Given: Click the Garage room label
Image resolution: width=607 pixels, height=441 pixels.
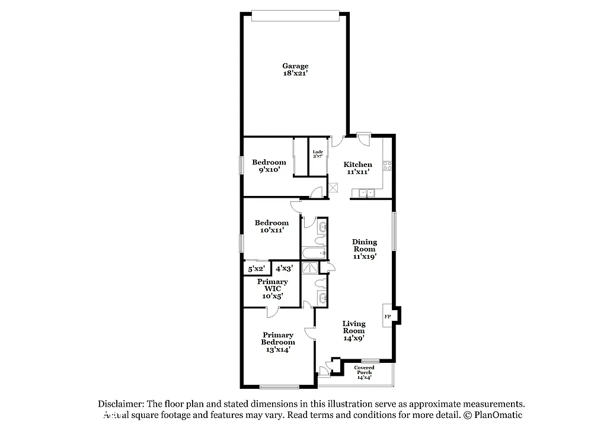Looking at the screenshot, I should click(295, 69).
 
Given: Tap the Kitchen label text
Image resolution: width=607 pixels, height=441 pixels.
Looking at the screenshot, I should click(359, 168).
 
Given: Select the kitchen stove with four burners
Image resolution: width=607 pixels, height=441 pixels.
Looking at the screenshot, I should click(388, 166).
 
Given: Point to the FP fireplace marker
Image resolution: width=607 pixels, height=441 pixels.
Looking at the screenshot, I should click(388, 317).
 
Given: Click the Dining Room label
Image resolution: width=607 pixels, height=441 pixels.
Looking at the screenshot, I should click(365, 249).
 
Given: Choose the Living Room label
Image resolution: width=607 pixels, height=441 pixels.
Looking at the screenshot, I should click(354, 330).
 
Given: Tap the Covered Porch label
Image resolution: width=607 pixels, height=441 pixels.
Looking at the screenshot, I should click(365, 372).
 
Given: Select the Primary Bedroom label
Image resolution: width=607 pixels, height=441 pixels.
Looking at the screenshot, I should click(278, 342).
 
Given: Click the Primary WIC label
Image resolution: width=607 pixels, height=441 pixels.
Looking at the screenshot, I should click(273, 289).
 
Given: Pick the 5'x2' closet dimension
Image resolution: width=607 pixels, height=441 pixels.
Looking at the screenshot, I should click(257, 269).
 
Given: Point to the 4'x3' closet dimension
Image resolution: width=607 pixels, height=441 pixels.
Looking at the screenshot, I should click(285, 268).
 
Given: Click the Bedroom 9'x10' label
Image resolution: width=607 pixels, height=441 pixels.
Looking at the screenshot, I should click(269, 166).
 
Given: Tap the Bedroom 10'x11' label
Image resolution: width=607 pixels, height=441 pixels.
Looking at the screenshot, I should click(271, 226).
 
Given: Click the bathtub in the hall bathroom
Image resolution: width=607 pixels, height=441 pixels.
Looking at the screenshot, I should click(314, 253).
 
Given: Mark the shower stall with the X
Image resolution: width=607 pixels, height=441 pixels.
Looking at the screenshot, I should click(309, 268).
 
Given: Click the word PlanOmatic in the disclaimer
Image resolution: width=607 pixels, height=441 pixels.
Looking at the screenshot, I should click(497, 415).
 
